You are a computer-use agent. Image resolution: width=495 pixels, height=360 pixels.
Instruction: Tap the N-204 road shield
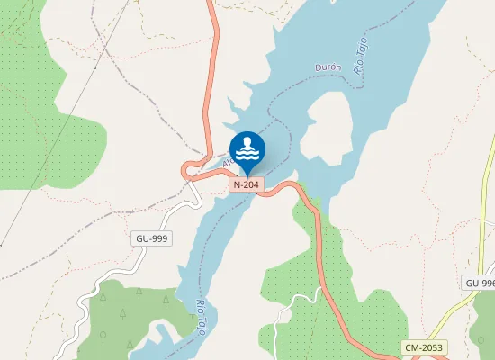pyautogui.click(x=247, y=184)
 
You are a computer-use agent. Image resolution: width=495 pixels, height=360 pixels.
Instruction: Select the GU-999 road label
pyautogui.click(x=151, y=238)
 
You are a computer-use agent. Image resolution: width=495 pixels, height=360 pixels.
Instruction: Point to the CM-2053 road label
pyautogui.click(x=424, y=347)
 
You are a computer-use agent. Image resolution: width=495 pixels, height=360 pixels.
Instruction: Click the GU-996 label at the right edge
pyautogui.click(x=480, y=283)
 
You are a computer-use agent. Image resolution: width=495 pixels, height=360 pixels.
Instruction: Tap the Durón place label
pyautogui.click(x=328, y=67)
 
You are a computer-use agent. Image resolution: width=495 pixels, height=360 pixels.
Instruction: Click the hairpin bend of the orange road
pyautogui.click(x=185, y=169)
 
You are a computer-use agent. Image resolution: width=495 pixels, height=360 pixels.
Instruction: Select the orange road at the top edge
pyautogui.click(x=212, y=9)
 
